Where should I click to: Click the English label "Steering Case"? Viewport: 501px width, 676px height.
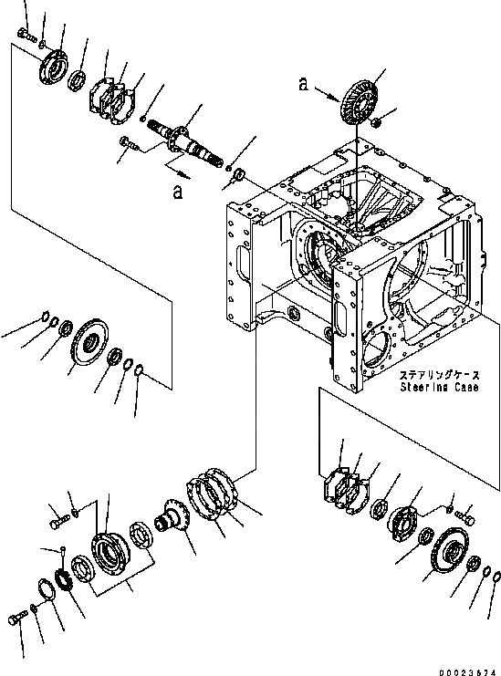[x=439, y=387]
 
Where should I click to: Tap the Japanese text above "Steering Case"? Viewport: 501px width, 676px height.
[x=439, y=375]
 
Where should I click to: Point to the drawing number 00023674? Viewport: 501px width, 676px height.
[x=467, y=672]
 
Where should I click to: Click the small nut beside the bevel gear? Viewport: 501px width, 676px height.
[x=375, y=122]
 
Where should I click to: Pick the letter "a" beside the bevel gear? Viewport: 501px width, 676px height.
[x=304, y=84]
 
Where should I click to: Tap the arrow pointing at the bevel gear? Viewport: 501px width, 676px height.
[x=327, y=94]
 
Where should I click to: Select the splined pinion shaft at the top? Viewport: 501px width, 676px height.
[x=185, y=142]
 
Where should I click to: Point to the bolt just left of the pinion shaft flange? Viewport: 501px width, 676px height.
[x=129, y=143]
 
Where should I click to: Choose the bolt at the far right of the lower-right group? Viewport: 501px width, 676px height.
[x=465, y=517]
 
